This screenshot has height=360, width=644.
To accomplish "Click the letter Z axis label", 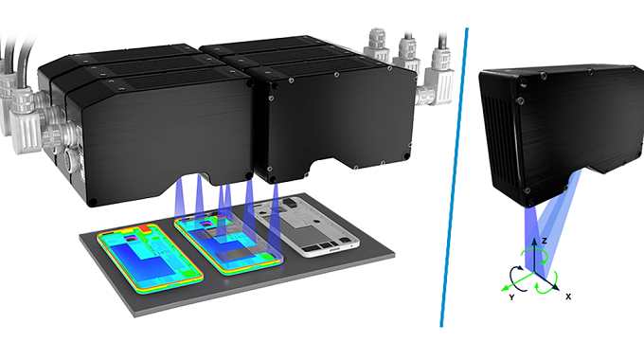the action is click(545, 241).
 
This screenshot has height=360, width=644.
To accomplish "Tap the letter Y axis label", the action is click(511, 297).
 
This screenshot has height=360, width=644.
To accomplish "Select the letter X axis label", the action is click(568, 297).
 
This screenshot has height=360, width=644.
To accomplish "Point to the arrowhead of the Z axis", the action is click(534, 241).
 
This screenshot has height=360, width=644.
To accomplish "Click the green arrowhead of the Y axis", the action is click(505, 288).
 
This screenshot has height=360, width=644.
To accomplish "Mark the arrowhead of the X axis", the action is click(556, 287).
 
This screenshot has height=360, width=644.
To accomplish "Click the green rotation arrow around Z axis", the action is click(534, 256).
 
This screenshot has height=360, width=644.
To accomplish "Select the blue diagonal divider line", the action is click(455, 177).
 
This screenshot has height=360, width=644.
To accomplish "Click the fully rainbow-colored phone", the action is click(150, 258).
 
